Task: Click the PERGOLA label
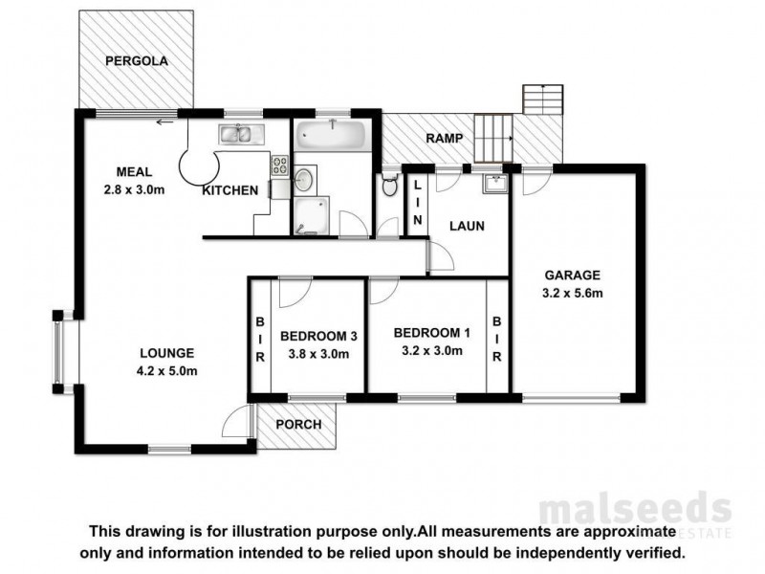(x=137, y=60)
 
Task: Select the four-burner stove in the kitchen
(x=279, y=165)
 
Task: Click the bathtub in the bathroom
(x=329, y=136)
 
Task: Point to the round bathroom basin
(x=305, y=178)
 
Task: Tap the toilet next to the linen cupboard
(x=389, y=186)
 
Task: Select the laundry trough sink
(x=495, y=183)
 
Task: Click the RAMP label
(x=446, y=138)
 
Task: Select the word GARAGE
(x=573, y=272)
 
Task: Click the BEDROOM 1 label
(x=432, y=333)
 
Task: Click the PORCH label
(x=297, y=425)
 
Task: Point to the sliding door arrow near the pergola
(x=166, y=121)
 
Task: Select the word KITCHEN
(x=229, y=190)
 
